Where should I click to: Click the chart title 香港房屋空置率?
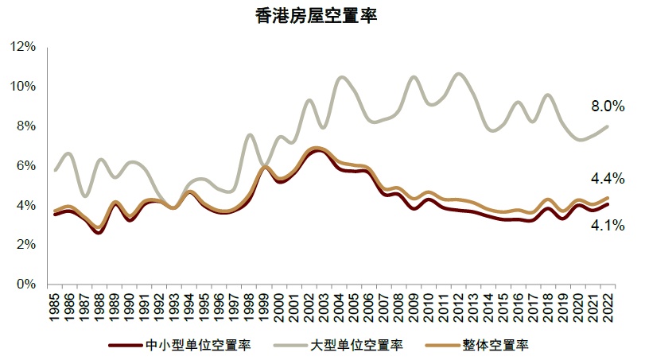click(x=322, y=16)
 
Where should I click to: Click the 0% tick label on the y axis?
click(x=27, y=284)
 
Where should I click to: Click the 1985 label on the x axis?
click(x=54, y=305)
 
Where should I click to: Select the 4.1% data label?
click(x=606, y=226)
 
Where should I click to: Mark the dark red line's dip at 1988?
click(x=99, y=232)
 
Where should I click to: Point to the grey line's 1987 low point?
click(x=85, y=195)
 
